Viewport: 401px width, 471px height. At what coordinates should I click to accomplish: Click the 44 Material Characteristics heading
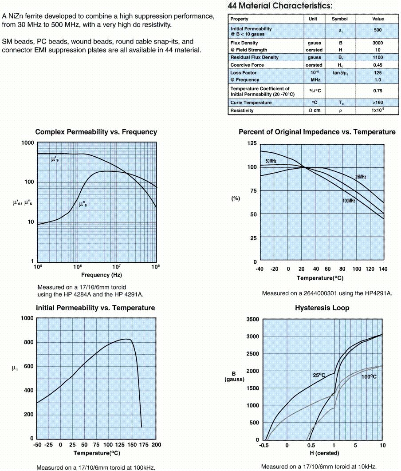(279, 6)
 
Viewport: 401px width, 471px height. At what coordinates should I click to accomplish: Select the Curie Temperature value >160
(378, 103)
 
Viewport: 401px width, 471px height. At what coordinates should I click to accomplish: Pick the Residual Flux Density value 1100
(378, 58)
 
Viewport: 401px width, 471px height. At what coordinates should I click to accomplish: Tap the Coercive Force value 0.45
(378, 65)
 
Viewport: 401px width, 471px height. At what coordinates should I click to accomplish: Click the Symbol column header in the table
(340, 19)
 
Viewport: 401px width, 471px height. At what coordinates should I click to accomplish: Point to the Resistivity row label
(242, 110)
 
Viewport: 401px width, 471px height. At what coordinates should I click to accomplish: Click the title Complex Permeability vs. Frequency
(96, 132)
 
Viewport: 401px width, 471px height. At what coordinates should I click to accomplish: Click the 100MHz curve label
(349, 201)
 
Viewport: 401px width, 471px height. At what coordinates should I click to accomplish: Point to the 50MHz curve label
(271, 161)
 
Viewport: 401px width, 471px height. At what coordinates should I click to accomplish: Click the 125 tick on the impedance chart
(252, 143)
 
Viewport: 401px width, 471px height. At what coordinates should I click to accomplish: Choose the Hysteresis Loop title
(322, 308)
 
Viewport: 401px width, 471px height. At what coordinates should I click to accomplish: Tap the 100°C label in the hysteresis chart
(369, 377)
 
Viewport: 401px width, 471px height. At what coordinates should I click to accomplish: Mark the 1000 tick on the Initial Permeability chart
(27, 318)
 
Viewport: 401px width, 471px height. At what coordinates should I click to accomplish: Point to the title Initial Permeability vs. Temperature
(95, 308)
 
